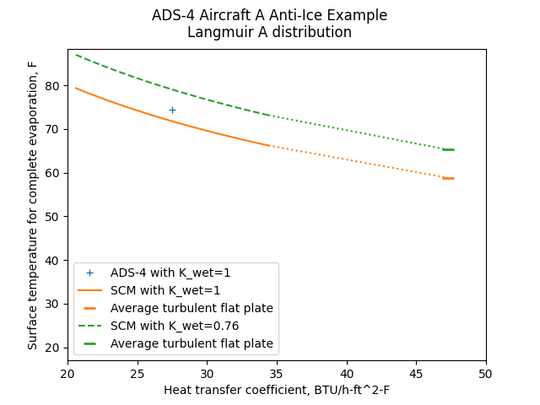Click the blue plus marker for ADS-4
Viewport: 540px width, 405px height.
[x=172, y=110]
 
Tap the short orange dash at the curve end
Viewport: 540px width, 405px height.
[x=449, y=178]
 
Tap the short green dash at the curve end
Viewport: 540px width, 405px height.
[x=449, y=149]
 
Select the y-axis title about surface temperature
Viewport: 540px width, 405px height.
[x=33, y=205]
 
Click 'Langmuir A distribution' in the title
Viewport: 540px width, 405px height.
[x=270, y=33]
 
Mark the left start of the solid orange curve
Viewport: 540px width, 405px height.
[x=76, y=88]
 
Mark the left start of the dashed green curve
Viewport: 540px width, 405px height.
[x=76, y=55]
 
